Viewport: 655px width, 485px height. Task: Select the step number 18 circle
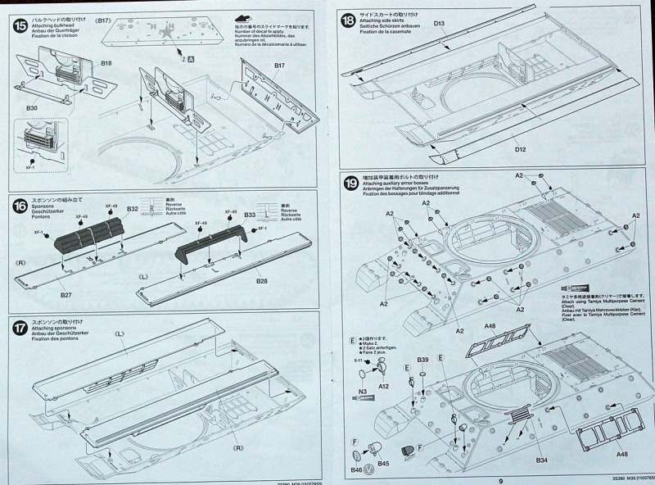[346, 19]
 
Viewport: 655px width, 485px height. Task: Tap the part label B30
[32, 107]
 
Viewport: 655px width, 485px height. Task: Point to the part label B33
[251, 215]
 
